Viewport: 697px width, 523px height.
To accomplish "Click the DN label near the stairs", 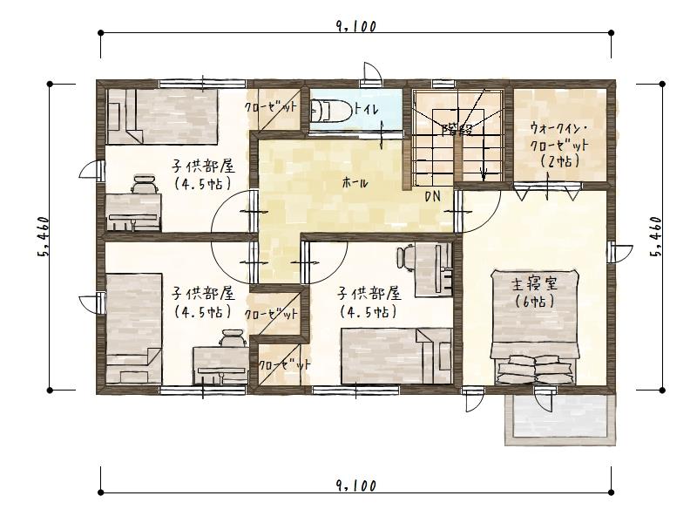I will [x=432, y=197].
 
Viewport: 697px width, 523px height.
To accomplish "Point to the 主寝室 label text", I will [x=528, y=284].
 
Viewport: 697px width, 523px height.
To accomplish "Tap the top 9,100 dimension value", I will [x=355, y=26].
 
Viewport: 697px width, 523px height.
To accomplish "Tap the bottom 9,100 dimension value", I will [x=355, y=486].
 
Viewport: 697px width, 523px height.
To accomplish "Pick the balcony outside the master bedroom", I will [x=558, y=418].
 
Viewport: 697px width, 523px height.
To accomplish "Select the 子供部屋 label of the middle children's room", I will [x=369, y=293].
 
